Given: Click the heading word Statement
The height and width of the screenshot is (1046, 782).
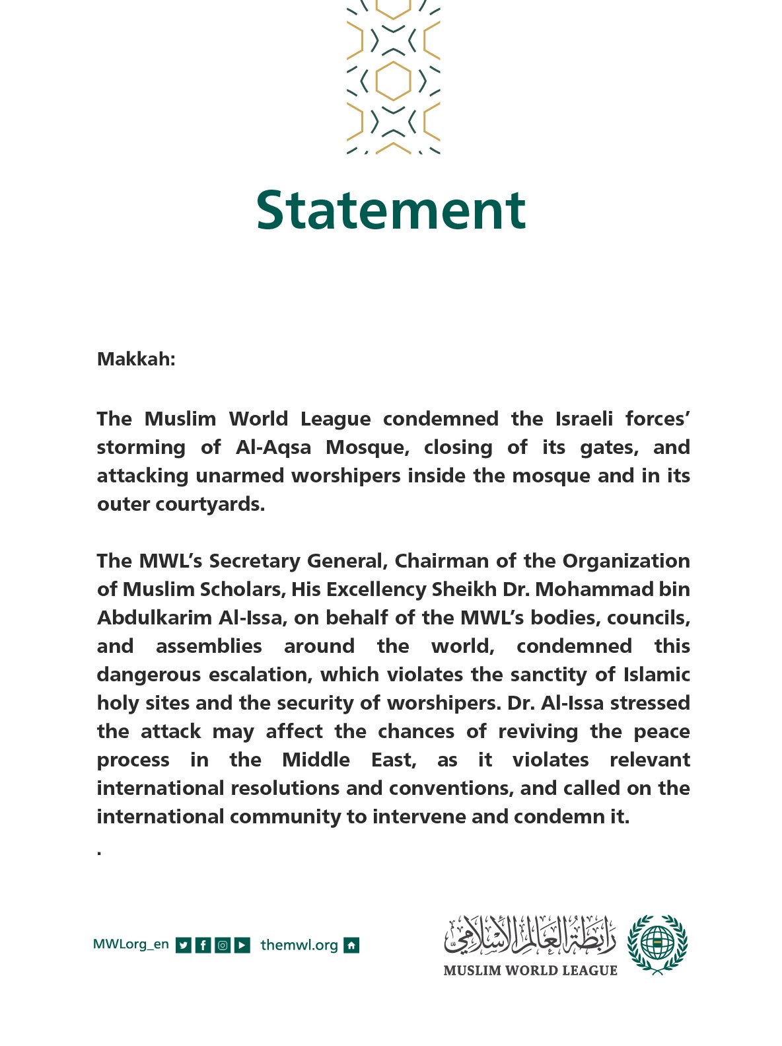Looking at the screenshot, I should point(390,209).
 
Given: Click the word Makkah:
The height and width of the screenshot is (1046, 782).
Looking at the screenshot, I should point(136,359).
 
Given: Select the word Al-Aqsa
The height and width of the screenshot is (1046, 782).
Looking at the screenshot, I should point(273,447).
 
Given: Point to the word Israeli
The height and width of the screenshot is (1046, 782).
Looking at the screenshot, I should point(584,419).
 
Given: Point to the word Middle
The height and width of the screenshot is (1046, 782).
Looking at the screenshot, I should point(316,760).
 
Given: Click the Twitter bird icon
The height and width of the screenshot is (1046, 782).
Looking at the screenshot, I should point(184,946).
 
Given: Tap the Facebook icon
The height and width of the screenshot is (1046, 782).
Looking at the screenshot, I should point(203,946).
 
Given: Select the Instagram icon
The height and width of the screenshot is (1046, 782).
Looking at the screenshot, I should point(223,946).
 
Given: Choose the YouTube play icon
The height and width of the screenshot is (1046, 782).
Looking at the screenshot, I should point(242,946).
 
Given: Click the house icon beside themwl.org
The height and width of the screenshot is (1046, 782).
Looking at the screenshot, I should point(352,946).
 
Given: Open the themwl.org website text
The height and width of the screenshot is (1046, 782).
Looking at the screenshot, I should point(299,945).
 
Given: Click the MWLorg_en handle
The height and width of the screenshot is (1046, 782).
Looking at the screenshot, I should point(131,944).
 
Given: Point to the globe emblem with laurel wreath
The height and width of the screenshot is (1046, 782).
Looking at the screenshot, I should point(657,944).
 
